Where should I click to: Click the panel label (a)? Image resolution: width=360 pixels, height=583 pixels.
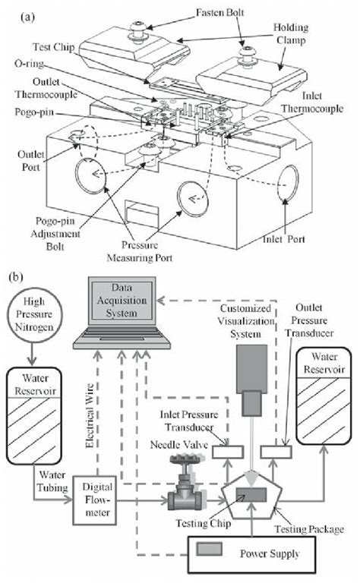24,11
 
